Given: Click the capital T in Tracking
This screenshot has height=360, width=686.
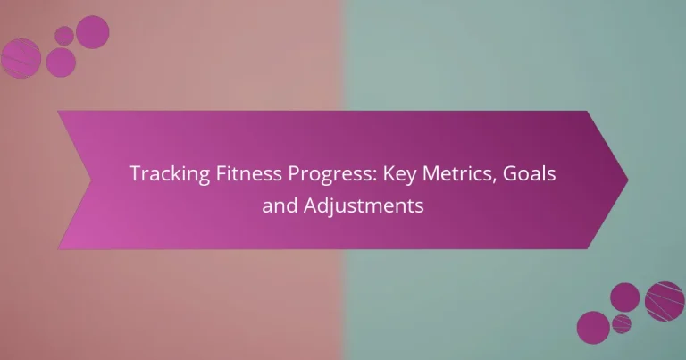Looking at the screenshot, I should pyautogui.click(x=135, y=174).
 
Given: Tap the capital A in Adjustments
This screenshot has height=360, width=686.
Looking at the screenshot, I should pyautogui.click(x=309, y=206).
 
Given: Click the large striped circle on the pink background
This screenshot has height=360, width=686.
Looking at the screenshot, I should pyautogui.click(x=21, y=58).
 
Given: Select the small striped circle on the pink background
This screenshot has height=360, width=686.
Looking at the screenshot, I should pyautogui.click(x=63, y=35).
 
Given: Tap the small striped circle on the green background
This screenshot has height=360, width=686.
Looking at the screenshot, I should pyautogui.click(x=621, y=322).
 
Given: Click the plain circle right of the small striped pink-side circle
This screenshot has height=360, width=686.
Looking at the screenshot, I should pyautogui.click(x=92, y=31).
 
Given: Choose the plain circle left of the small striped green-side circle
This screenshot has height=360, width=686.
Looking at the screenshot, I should pyautogui.click(x=593, y=327).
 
